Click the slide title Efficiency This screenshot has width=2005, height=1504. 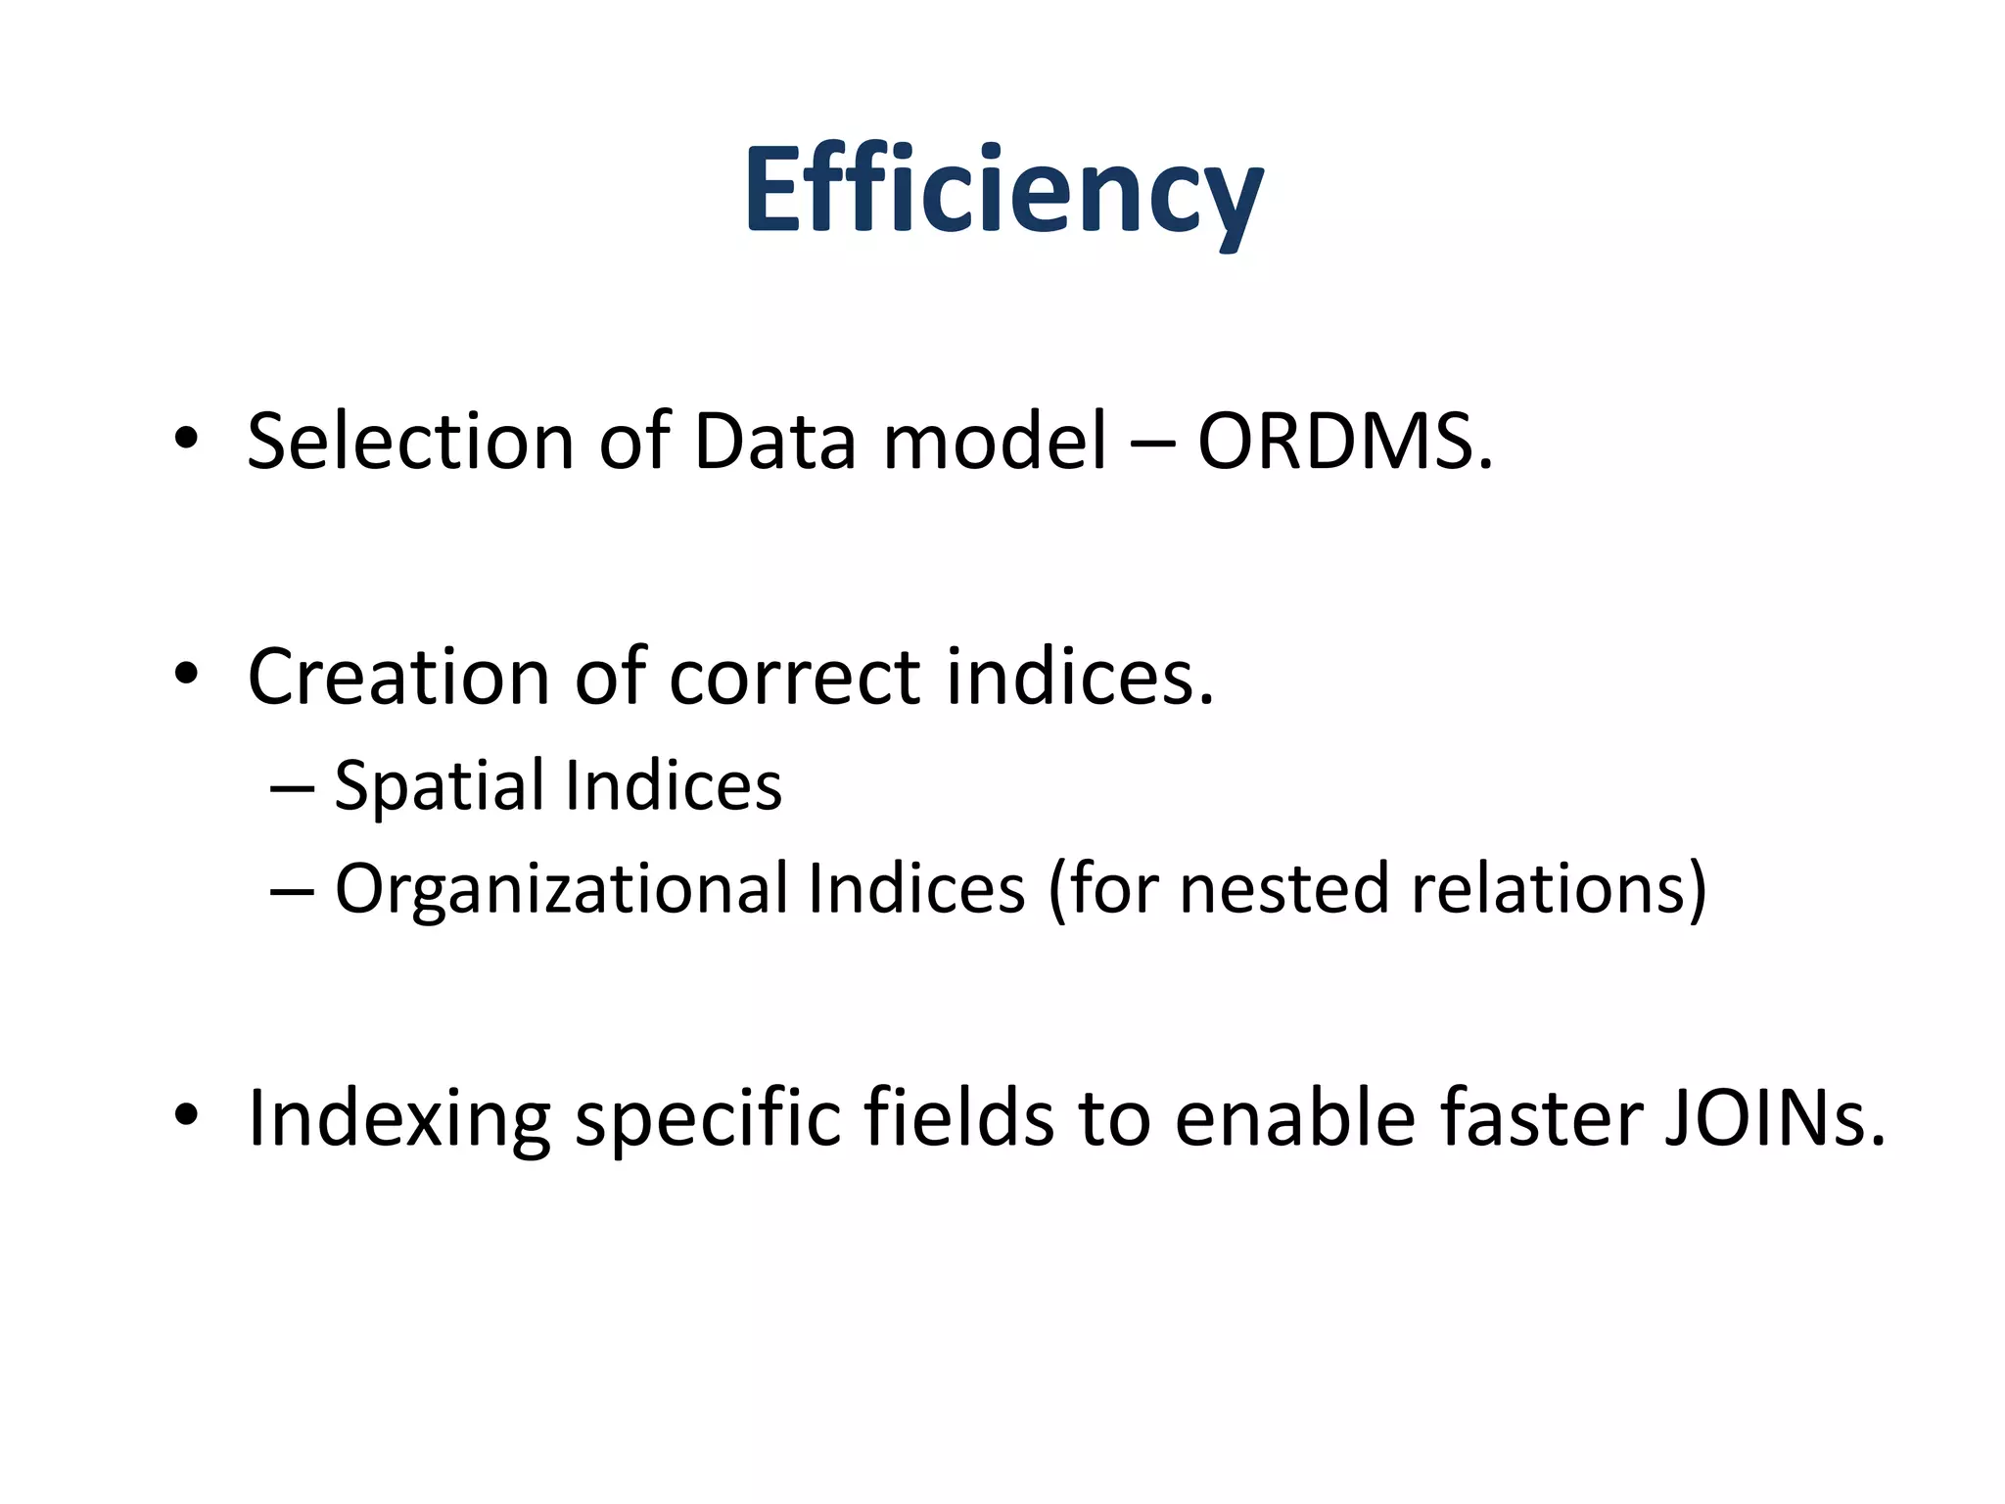coord(1003,191)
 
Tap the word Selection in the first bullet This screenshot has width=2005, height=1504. coord(409,442)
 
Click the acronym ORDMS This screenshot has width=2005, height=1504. coord(1345,442)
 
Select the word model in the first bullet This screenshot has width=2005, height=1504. coord(995,442)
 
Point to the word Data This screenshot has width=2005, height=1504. coord(774,442)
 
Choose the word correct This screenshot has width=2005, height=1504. coord(794,677)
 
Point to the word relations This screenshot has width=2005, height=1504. coord(1548,889)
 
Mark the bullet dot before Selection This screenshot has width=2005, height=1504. coord(186,440)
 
